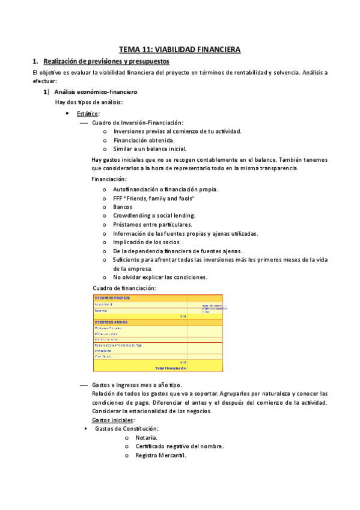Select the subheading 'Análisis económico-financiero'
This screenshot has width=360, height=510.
pyautogui.click(x=96, y=92)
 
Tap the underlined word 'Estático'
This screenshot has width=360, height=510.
pyautogui.click(x=88, y=113)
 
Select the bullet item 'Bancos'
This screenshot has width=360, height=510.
pyautogui.click(x=123, y=207)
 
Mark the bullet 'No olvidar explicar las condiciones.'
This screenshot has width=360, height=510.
pyautogui.click(x=160, y=277)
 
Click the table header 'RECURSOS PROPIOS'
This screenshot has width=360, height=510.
pyautogui.click(x=112, y=298)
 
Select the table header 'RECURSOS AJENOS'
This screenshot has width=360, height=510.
pyautogui.click(x=111, y=322)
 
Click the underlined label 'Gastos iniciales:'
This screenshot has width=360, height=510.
pyautogui.click(x=113, y=420)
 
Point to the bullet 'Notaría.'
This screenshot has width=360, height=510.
pyautogui.click(x=147, y=438)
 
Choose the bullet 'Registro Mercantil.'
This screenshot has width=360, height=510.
pyautogui.click(x=160, y=455)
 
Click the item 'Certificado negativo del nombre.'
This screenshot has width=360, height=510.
pyautogui.click(x=179, y=446)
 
